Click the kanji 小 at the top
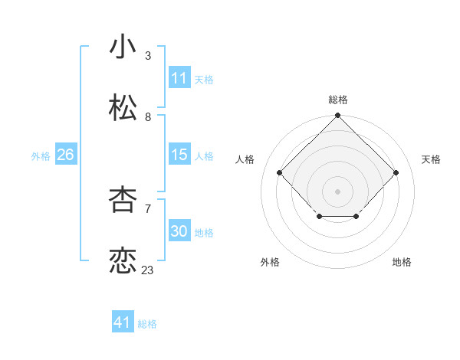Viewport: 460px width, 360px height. tap(123, 47)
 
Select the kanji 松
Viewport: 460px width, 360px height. tap(123, 108)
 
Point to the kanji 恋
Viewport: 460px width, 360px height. tap(123, 260)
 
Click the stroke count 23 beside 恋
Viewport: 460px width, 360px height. tap(147, 270)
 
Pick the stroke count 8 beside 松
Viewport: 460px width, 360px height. tap(148, 116)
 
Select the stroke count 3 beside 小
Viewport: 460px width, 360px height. tap(148, 55)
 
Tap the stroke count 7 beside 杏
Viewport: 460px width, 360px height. tap(148, 208)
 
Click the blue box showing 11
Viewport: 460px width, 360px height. tap(179, 78)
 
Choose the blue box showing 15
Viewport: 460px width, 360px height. tap(179, 155)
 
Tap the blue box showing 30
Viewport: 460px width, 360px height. tap(179, 231)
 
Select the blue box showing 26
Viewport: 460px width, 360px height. tap(65, 155)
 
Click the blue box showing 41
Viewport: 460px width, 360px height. tap(123, 322)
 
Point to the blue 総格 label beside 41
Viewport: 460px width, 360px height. tap(147, 324)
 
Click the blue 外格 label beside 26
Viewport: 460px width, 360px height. tap(41, 155)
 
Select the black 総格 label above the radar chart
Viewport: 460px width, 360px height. tap(338, 100)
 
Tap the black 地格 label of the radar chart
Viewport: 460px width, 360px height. tap(402, 262)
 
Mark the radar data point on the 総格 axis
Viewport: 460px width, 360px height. tap(338, 116)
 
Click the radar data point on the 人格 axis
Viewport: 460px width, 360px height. tap(280, 173)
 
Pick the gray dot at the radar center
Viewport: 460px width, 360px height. tap(338, 191)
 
